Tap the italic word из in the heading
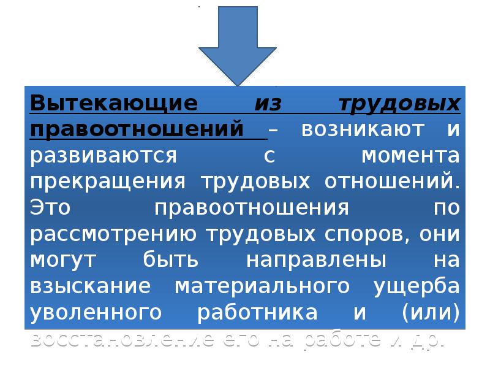(268, 104)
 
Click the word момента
(410, 156)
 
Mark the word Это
(51, 208)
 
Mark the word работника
(257, 313)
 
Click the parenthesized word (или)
(430, 313)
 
